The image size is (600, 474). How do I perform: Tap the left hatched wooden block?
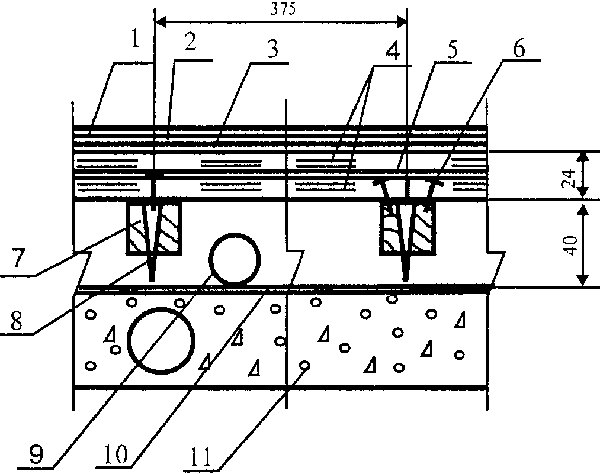tap(152, 229)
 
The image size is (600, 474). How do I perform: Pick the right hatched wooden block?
tap(408, 229)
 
